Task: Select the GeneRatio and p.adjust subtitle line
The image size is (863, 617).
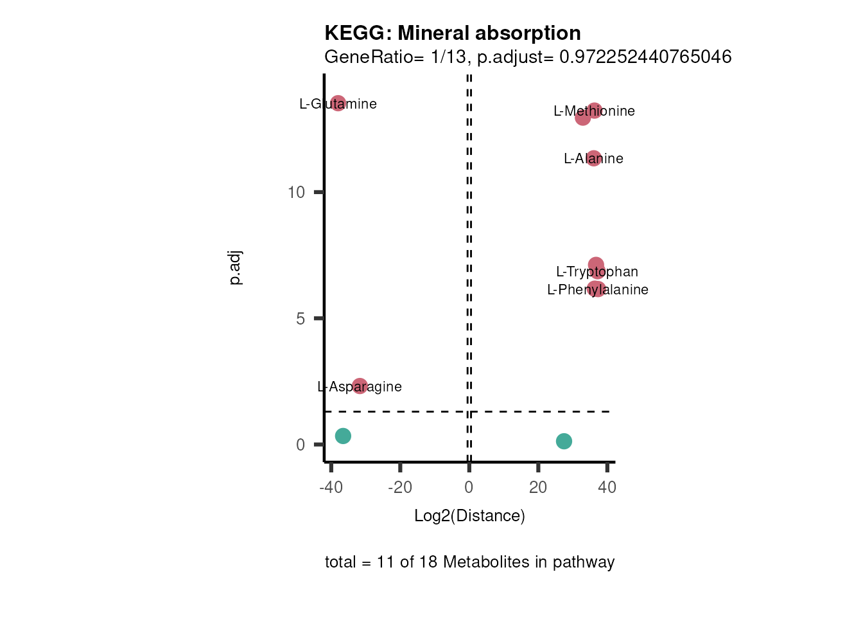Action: (528, 57)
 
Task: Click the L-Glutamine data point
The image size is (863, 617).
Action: (338, 103)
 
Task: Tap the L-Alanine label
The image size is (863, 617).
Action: (593, 159)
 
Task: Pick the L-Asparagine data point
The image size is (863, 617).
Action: (360, 386)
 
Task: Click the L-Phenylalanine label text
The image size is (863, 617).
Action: (597, 290)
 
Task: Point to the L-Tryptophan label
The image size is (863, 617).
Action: (597, 272)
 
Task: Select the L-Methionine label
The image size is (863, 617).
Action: (594, 111)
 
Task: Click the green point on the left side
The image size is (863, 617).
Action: (344, 436)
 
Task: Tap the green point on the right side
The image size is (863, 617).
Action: (564, 441)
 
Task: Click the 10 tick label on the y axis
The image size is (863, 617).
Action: (296, 192)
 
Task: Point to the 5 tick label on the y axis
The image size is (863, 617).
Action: (301, 319)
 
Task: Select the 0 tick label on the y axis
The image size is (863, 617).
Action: (301, 445)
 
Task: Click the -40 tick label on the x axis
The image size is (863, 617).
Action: (331, 487)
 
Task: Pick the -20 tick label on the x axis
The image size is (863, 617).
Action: (400, 487)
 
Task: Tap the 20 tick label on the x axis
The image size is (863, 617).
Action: (538, 487)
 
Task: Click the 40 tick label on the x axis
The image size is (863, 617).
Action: (607, 487)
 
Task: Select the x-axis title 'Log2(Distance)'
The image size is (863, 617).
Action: (469, 515)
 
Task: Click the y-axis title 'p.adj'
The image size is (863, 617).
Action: (236, 268)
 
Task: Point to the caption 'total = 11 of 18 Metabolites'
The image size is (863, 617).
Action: (469, 562)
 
